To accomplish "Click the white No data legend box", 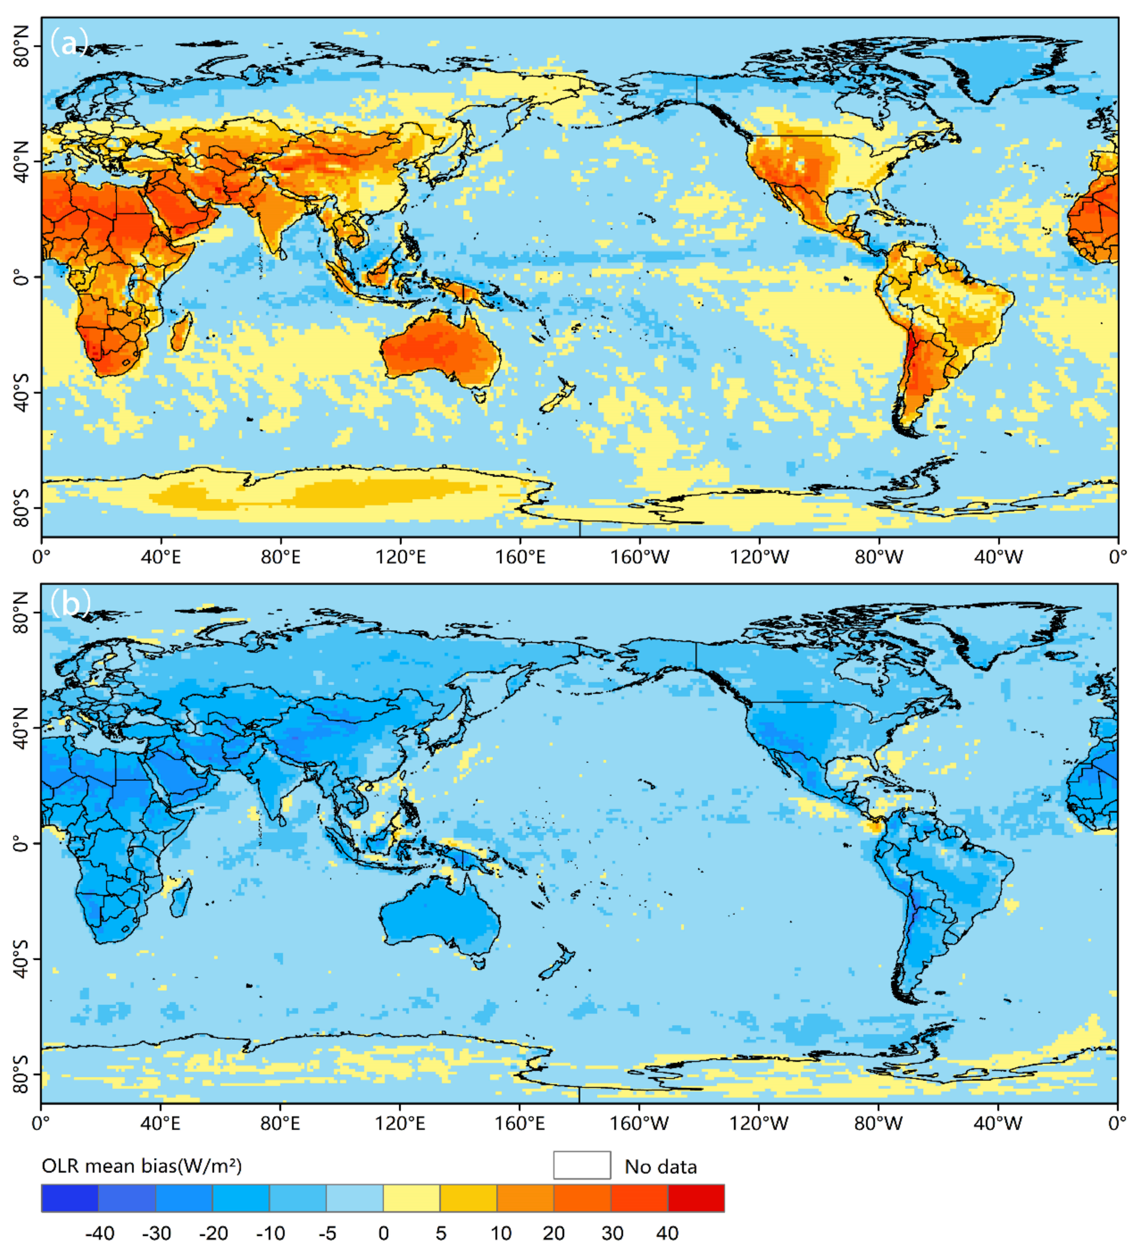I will click(582, 1165).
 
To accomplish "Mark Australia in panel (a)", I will click(441, 349).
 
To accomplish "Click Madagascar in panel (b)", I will click(181, 897).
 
